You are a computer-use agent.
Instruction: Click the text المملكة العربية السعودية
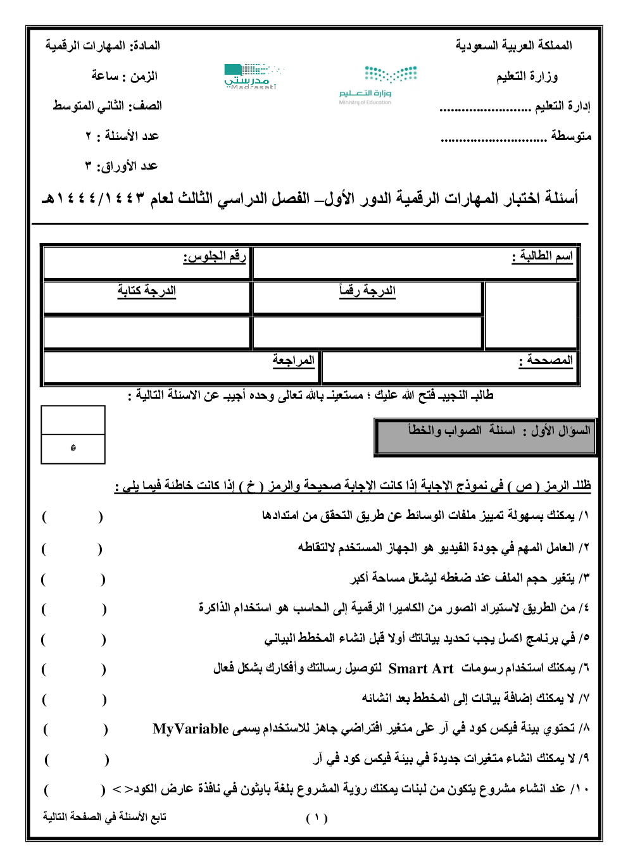point(513,46)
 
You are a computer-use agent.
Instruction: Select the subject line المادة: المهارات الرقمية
point(103,46)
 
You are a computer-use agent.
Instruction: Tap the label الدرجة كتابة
point(146,290)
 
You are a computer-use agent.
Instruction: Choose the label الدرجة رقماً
point(367,290)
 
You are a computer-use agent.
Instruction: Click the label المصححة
point(546,360)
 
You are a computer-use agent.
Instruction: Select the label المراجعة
point(293,360)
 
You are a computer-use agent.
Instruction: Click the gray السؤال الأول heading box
point(486,436)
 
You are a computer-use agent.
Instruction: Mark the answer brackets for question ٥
point(73,640)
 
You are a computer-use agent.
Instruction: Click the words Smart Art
point(421,669)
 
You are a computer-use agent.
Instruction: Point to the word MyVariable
point(191,729)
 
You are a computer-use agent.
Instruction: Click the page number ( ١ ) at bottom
point(317,818)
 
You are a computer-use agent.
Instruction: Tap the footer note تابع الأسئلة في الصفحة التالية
point(104,817)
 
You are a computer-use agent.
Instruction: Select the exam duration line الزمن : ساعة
point(124,76)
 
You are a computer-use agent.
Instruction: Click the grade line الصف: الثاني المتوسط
point(107,106)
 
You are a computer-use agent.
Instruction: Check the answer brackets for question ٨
point(75,730)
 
